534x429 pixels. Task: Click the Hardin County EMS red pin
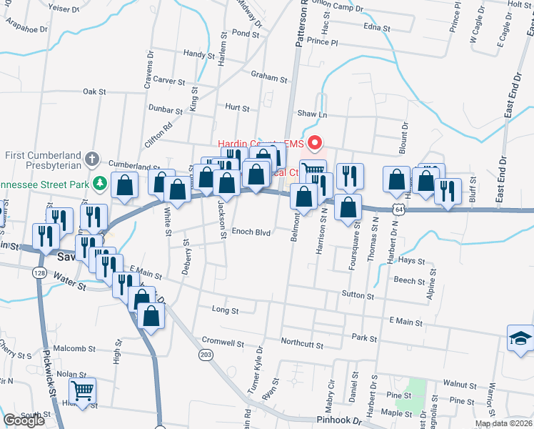pyautogui.click(x=313, y=141)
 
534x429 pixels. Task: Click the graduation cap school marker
pyautogui.click(x=520, y=339)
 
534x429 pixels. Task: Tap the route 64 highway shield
pyautogui.click(x=398, y=208)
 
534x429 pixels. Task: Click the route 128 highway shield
pyautogui.click(x=37, y=272)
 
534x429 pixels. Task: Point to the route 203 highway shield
pyautogui.click(x=207, y=355)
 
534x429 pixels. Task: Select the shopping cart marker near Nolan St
pyautogui.click(x=83, y=392)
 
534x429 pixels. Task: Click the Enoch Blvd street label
pyautogui.click(x=252, y=232)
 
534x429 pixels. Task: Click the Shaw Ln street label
pyautogui.click(x=311, y=114)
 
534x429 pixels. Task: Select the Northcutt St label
pyautogui.click(x=302, y=343)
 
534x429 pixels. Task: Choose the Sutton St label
pyautogui.click(x=358, y=295)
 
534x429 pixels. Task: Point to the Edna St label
pyautogui.click(x=377, y=28)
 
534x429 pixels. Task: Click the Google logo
pyautogui.click(x=24, y=420)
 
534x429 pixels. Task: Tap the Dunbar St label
pyautogui.click(x=166, y=110)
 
